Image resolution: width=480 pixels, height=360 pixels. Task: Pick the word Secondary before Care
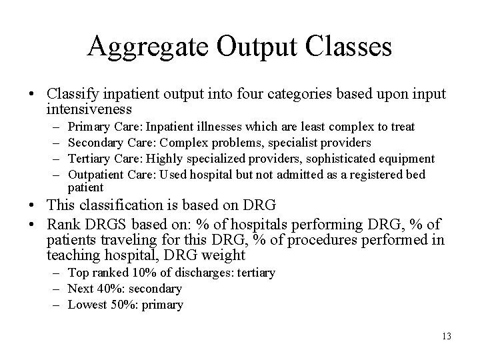[x=93, y=143]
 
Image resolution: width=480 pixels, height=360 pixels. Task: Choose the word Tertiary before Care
[x=89, y=159]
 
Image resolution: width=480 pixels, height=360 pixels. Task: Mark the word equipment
[x=410, y=159]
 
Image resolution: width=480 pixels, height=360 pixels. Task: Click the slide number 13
[x=446, y=337]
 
